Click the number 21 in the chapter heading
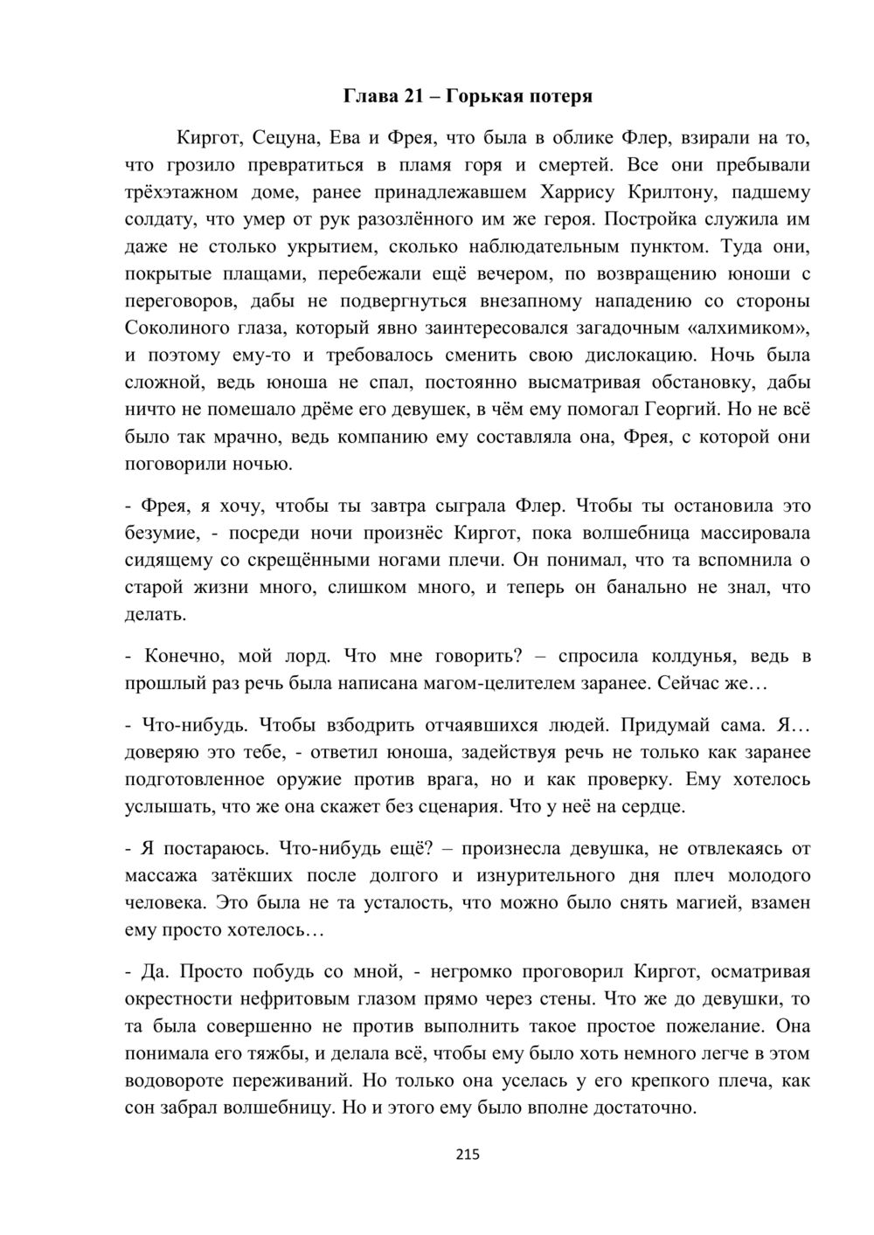pyautogui.click(x=413, y=96)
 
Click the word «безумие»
pyautogui.click(x=160, y=533)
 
